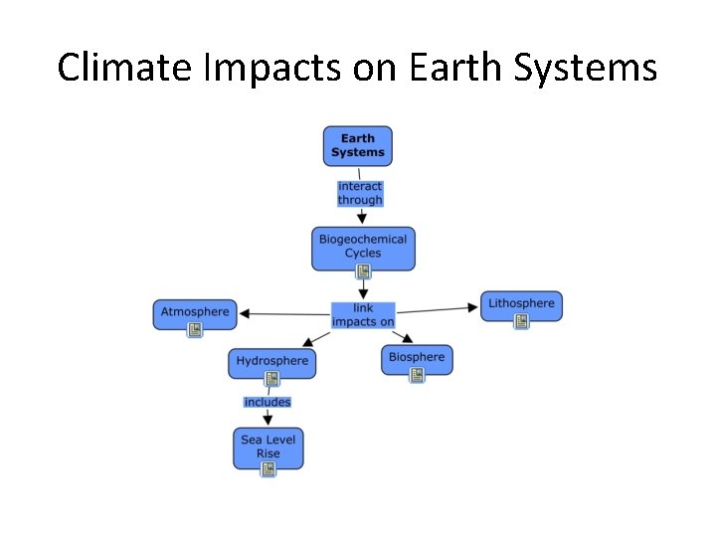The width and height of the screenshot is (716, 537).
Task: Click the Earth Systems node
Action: (357, 145)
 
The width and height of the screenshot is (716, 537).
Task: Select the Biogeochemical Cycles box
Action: (362, 246)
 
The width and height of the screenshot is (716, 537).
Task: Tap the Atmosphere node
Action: (195, 312)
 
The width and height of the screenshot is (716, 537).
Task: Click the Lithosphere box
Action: (521, 303)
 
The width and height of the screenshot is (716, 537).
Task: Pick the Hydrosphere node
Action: (272, 361)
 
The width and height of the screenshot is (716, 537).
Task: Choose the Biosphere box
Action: (417, 357)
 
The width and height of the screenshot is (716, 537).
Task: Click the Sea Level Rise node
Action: (268, 447)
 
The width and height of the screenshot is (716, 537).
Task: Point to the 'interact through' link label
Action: (359, 193)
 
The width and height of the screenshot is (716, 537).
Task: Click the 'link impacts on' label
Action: (363, 315)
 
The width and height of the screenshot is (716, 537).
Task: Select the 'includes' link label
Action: (268, 402)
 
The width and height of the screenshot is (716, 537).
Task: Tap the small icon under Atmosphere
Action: (195, 330)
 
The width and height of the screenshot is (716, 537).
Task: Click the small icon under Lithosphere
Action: (521, 321)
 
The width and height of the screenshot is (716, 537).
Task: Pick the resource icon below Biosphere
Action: (417, 375)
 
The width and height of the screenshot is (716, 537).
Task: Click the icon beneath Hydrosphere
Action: (271, 379)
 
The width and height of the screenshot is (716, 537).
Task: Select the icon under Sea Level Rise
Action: (268, 469)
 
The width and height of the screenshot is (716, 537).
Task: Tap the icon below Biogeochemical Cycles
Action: (363, 270)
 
